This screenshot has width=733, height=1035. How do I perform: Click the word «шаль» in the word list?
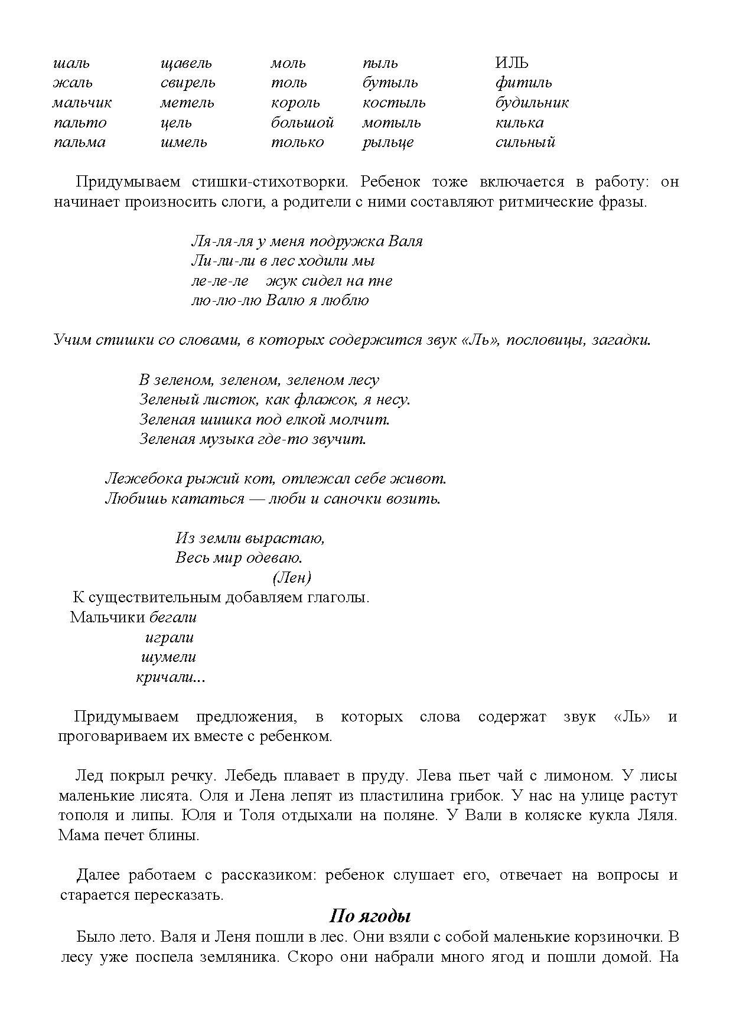click(x=71, y=63)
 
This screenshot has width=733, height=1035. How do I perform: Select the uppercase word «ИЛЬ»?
click(x=512, y=63)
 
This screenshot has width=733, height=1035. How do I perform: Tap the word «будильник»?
click(x=532, y=103)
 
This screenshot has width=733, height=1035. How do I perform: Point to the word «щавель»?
click(x=186, y=63)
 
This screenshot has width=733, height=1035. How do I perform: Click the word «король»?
click(x=295, y=103)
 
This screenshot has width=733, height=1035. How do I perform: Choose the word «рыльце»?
click(x=388, y=142)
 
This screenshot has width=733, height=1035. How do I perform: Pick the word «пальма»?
click(x=80, y=142)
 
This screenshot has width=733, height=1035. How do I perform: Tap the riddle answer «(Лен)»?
click(x=292, y=577)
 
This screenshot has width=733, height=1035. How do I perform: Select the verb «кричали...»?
click(x=171, y=677)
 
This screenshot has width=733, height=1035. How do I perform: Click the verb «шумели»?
click(x=169, y=657)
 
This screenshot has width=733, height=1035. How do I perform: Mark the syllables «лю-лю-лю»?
click(x=226, y=301)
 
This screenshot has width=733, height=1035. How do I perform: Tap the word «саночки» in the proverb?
click(x=353, y=498)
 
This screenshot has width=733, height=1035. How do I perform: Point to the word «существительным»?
click(x=155, y=597)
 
